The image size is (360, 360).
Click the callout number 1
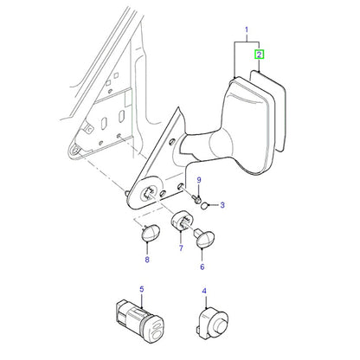[247, 29]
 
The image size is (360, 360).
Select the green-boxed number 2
[259, 55]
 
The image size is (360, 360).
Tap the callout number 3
[222, 205]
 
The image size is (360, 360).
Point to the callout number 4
[204, 291]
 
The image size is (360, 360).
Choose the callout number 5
[142, 289]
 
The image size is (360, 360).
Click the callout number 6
[202, 267]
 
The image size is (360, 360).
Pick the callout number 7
[181, 248]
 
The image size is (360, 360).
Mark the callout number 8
[147, 260]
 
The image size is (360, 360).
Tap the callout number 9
[199, 180]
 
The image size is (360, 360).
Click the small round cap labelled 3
[204, 206]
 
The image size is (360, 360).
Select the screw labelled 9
[196, 199]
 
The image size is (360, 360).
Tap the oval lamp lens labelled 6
[204, 238]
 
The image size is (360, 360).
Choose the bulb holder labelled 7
[182, 221]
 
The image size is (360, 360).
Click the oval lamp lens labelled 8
[151, 232]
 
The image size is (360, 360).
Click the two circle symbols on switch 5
[156, 330]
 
